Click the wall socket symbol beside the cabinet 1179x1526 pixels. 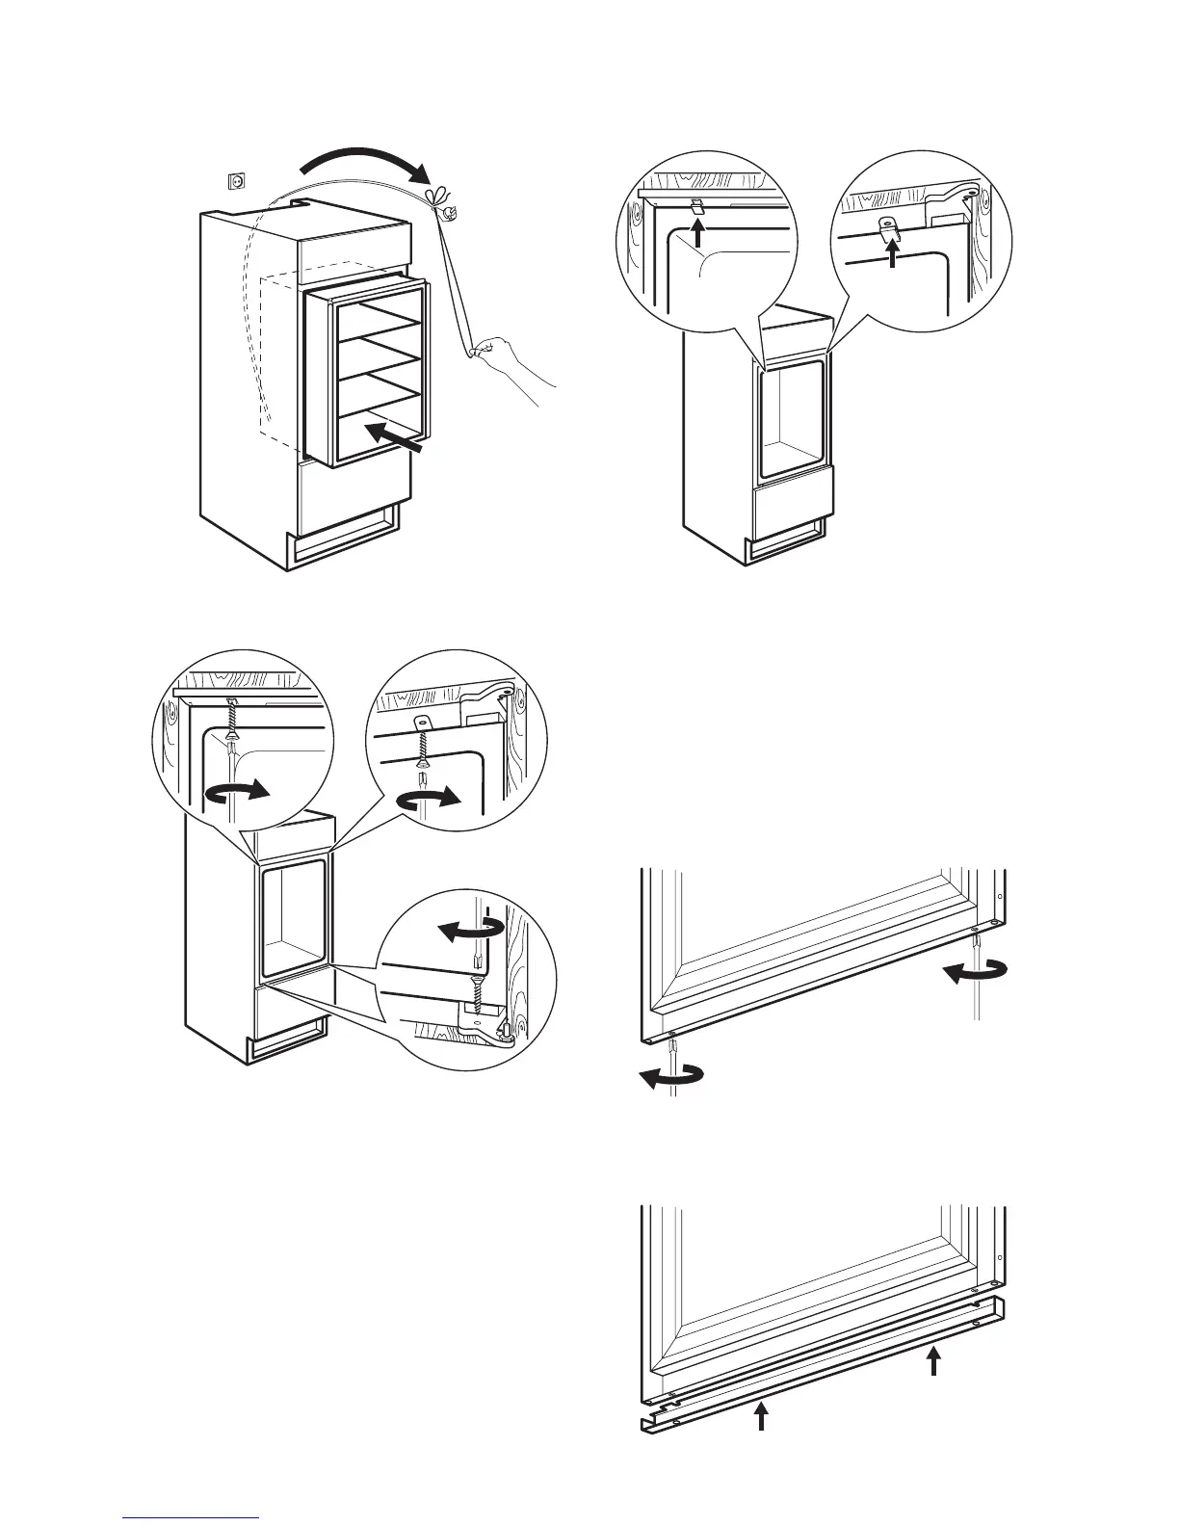[x=233, y=179]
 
